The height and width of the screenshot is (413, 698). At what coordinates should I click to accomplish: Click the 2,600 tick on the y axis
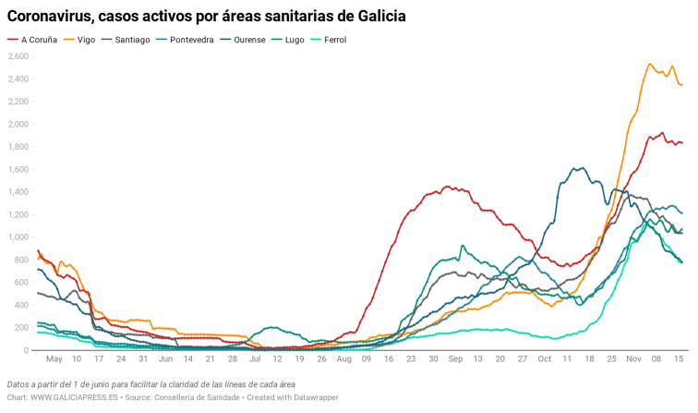(x=18, y=56)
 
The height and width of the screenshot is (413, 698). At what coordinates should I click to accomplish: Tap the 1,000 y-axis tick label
(x=18, y=237)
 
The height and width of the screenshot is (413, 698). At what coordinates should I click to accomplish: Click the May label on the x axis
(x=54, y=358)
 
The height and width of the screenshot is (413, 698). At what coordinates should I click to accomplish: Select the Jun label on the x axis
(x=166, y=358)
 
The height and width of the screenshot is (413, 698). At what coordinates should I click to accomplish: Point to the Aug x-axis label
(x=344, y=358)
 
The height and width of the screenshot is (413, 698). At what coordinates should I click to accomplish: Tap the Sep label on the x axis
(x=454, y=358)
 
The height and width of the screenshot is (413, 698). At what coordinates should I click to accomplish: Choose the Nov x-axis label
(x=633, y=358)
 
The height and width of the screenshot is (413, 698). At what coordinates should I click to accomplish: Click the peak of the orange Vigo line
(x=650, y=65)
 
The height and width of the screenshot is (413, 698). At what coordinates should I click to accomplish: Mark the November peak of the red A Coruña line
(x=661, y=133)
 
